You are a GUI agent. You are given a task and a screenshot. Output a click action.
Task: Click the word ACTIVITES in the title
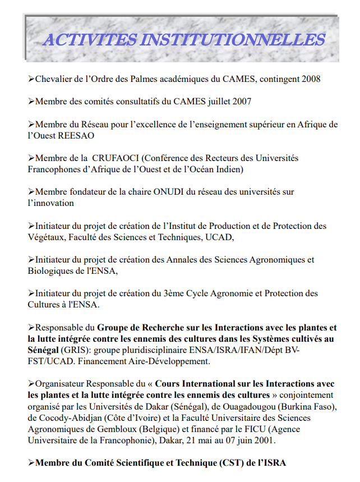pos(90,40)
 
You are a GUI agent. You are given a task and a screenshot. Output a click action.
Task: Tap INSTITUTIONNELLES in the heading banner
pos(233,40)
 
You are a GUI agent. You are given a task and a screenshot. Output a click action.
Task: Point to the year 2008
pos(311,79)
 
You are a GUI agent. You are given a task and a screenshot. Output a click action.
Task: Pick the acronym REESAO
pos(77,135)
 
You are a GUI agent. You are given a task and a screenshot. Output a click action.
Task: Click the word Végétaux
pos(45,237)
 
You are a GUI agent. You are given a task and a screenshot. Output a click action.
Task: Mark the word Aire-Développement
pos(171,361)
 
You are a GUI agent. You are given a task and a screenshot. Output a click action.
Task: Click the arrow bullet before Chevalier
pos(31,79)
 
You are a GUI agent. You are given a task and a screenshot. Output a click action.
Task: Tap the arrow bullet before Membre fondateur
pos(31,192)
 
